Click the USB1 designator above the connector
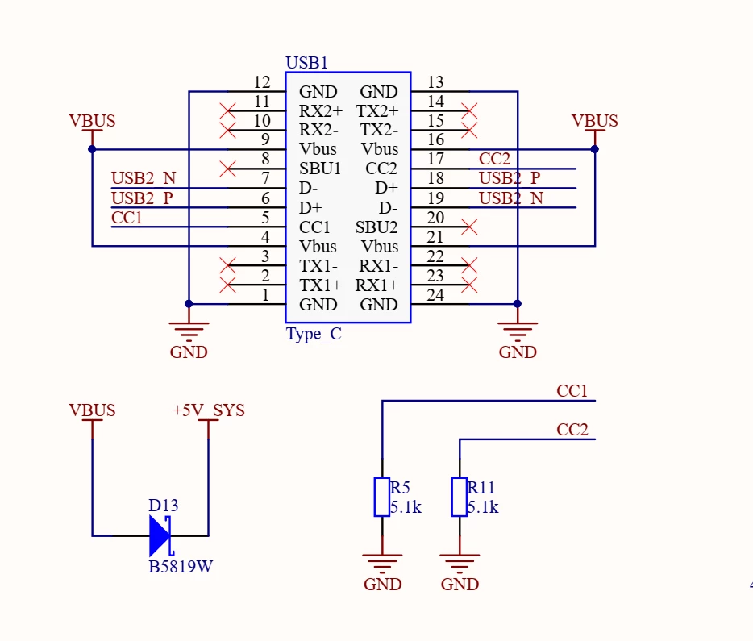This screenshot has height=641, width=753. (306, 63)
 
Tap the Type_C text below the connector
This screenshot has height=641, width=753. (314, 334)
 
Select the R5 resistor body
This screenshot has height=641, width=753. (382, 497)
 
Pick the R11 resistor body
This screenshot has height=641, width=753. (459, 497)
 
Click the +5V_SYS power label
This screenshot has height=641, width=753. (209, 410)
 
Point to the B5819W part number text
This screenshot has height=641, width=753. (181, 567)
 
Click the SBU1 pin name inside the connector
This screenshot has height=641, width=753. (320, 169)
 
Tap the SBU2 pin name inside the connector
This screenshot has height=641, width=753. (376, 227)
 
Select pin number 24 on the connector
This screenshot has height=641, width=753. (435, 295)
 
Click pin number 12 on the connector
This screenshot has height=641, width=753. (262, 82)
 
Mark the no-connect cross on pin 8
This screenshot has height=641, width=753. (227, 169)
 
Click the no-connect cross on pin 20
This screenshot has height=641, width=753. (469, 227)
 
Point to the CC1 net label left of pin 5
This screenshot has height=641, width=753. (127, 218)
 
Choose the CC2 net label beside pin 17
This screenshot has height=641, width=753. (494, 159)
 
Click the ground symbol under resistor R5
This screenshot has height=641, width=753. (382, 564)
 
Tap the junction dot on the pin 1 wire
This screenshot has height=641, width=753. (189, 303)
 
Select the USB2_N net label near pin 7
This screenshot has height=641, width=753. (144, 178)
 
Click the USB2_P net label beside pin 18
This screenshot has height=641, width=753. (510, 178)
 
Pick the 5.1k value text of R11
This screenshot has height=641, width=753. (483, 507)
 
